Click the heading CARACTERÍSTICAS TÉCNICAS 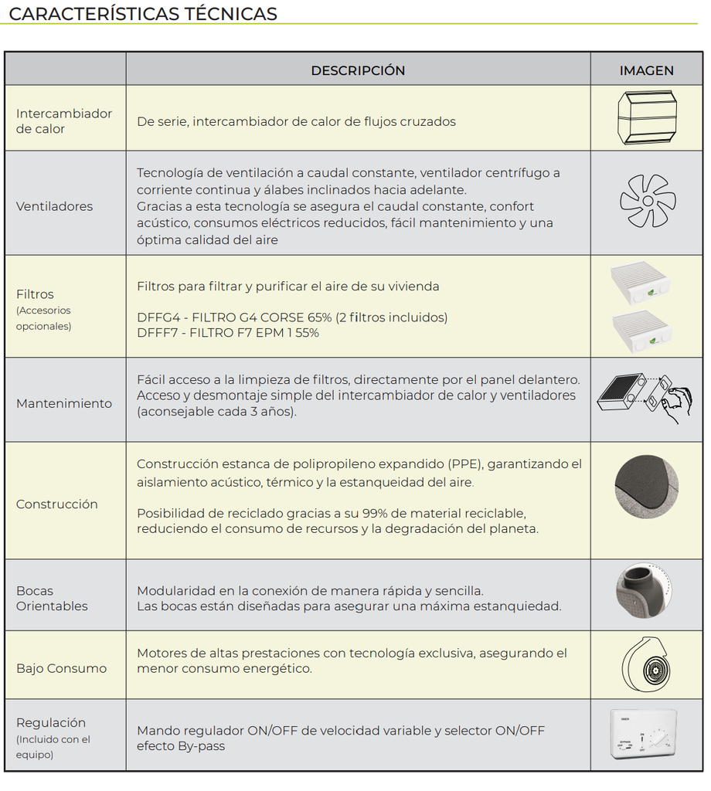(143, 14)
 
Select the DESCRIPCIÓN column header (358, 70)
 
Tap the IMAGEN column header (646, 70)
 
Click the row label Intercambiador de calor (64, 121)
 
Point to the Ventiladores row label (54, 206)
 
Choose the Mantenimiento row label (64, 403)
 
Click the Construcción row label (57, 504)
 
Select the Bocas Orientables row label (52, 599)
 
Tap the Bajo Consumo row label (61, 668)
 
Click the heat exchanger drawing (647, 118)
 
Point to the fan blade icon (647, 201)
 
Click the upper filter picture (641, 283)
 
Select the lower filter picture (641, 331)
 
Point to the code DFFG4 (159, 317)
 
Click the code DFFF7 (158, 333)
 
